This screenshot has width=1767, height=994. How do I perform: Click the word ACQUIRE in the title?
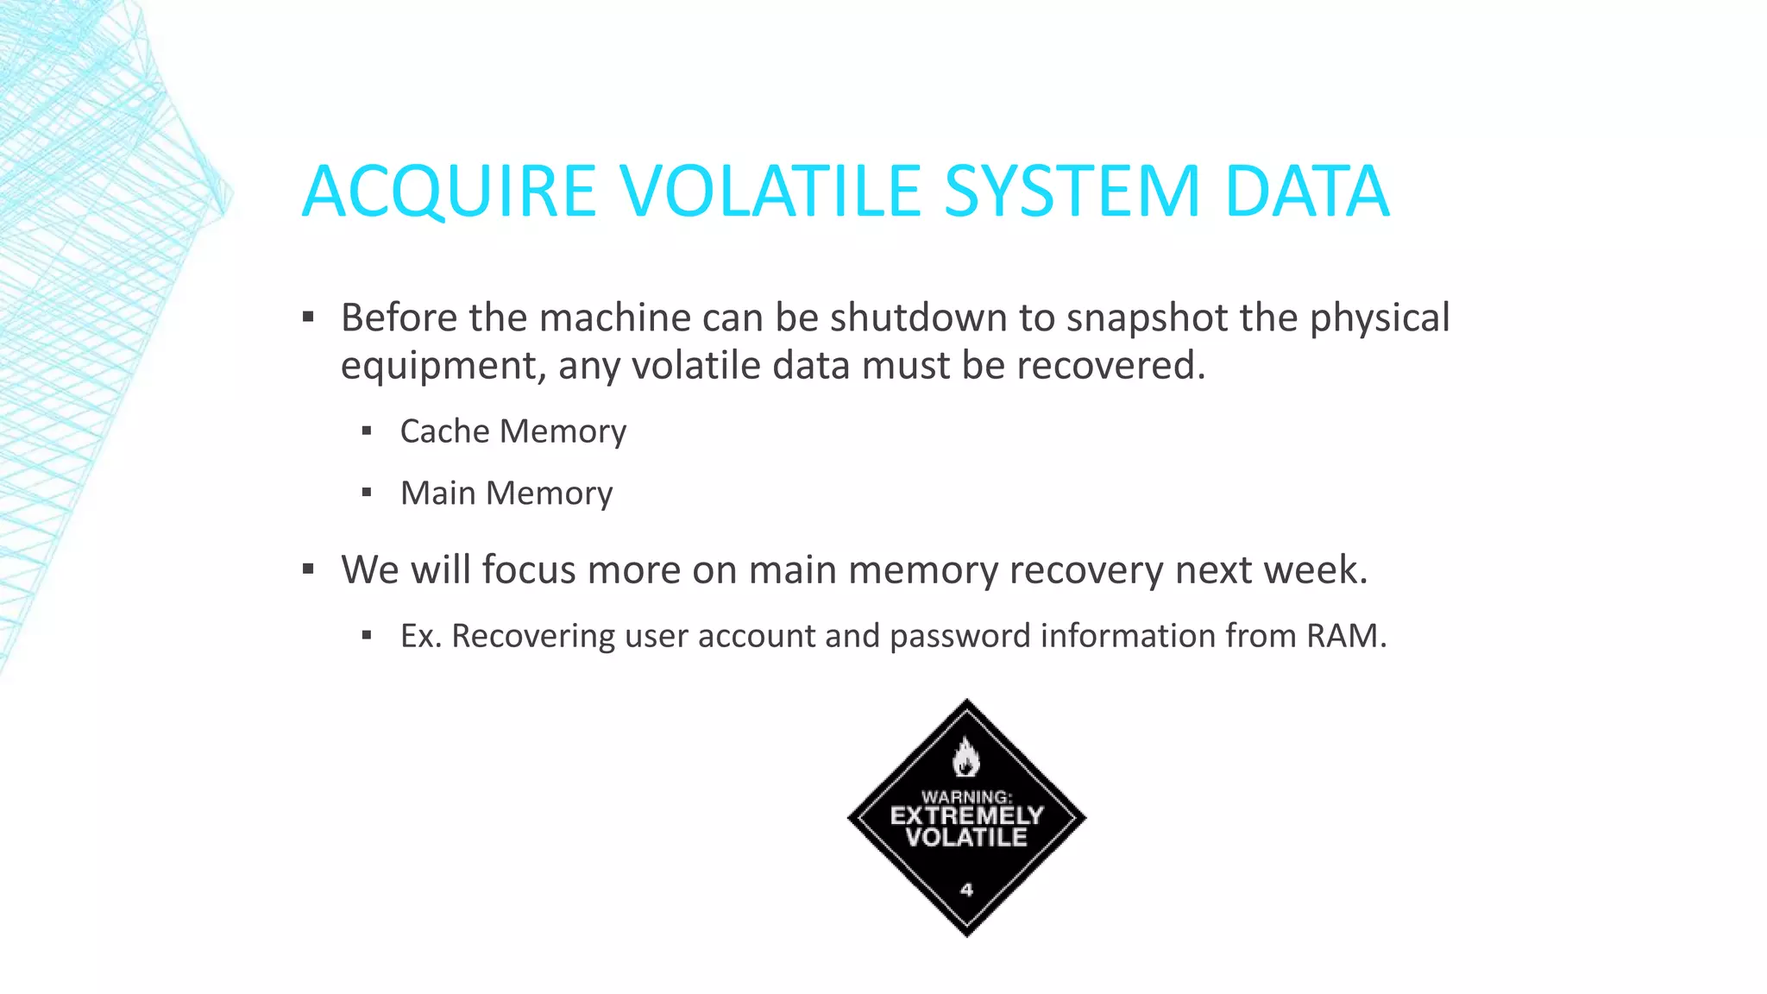[449, 191]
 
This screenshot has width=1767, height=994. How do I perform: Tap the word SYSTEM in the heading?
[1071, 191]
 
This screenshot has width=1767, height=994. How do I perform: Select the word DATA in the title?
[1306, 191]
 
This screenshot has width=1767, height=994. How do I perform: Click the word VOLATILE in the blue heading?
[770, 191]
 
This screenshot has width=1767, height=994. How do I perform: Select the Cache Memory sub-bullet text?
[512, 431]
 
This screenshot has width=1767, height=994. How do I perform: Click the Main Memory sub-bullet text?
[506, 494]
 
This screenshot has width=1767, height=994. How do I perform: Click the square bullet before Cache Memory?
[367, 431]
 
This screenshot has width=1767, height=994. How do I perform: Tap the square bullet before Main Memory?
[367, 493]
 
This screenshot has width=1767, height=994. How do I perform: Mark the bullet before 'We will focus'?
[308, 569]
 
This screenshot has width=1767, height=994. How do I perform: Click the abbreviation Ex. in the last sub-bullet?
[421, 636]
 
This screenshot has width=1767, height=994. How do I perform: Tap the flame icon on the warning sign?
[965, 758]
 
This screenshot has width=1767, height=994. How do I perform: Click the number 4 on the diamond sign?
[966, 890]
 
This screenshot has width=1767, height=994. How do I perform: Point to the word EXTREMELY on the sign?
[966, 815]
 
